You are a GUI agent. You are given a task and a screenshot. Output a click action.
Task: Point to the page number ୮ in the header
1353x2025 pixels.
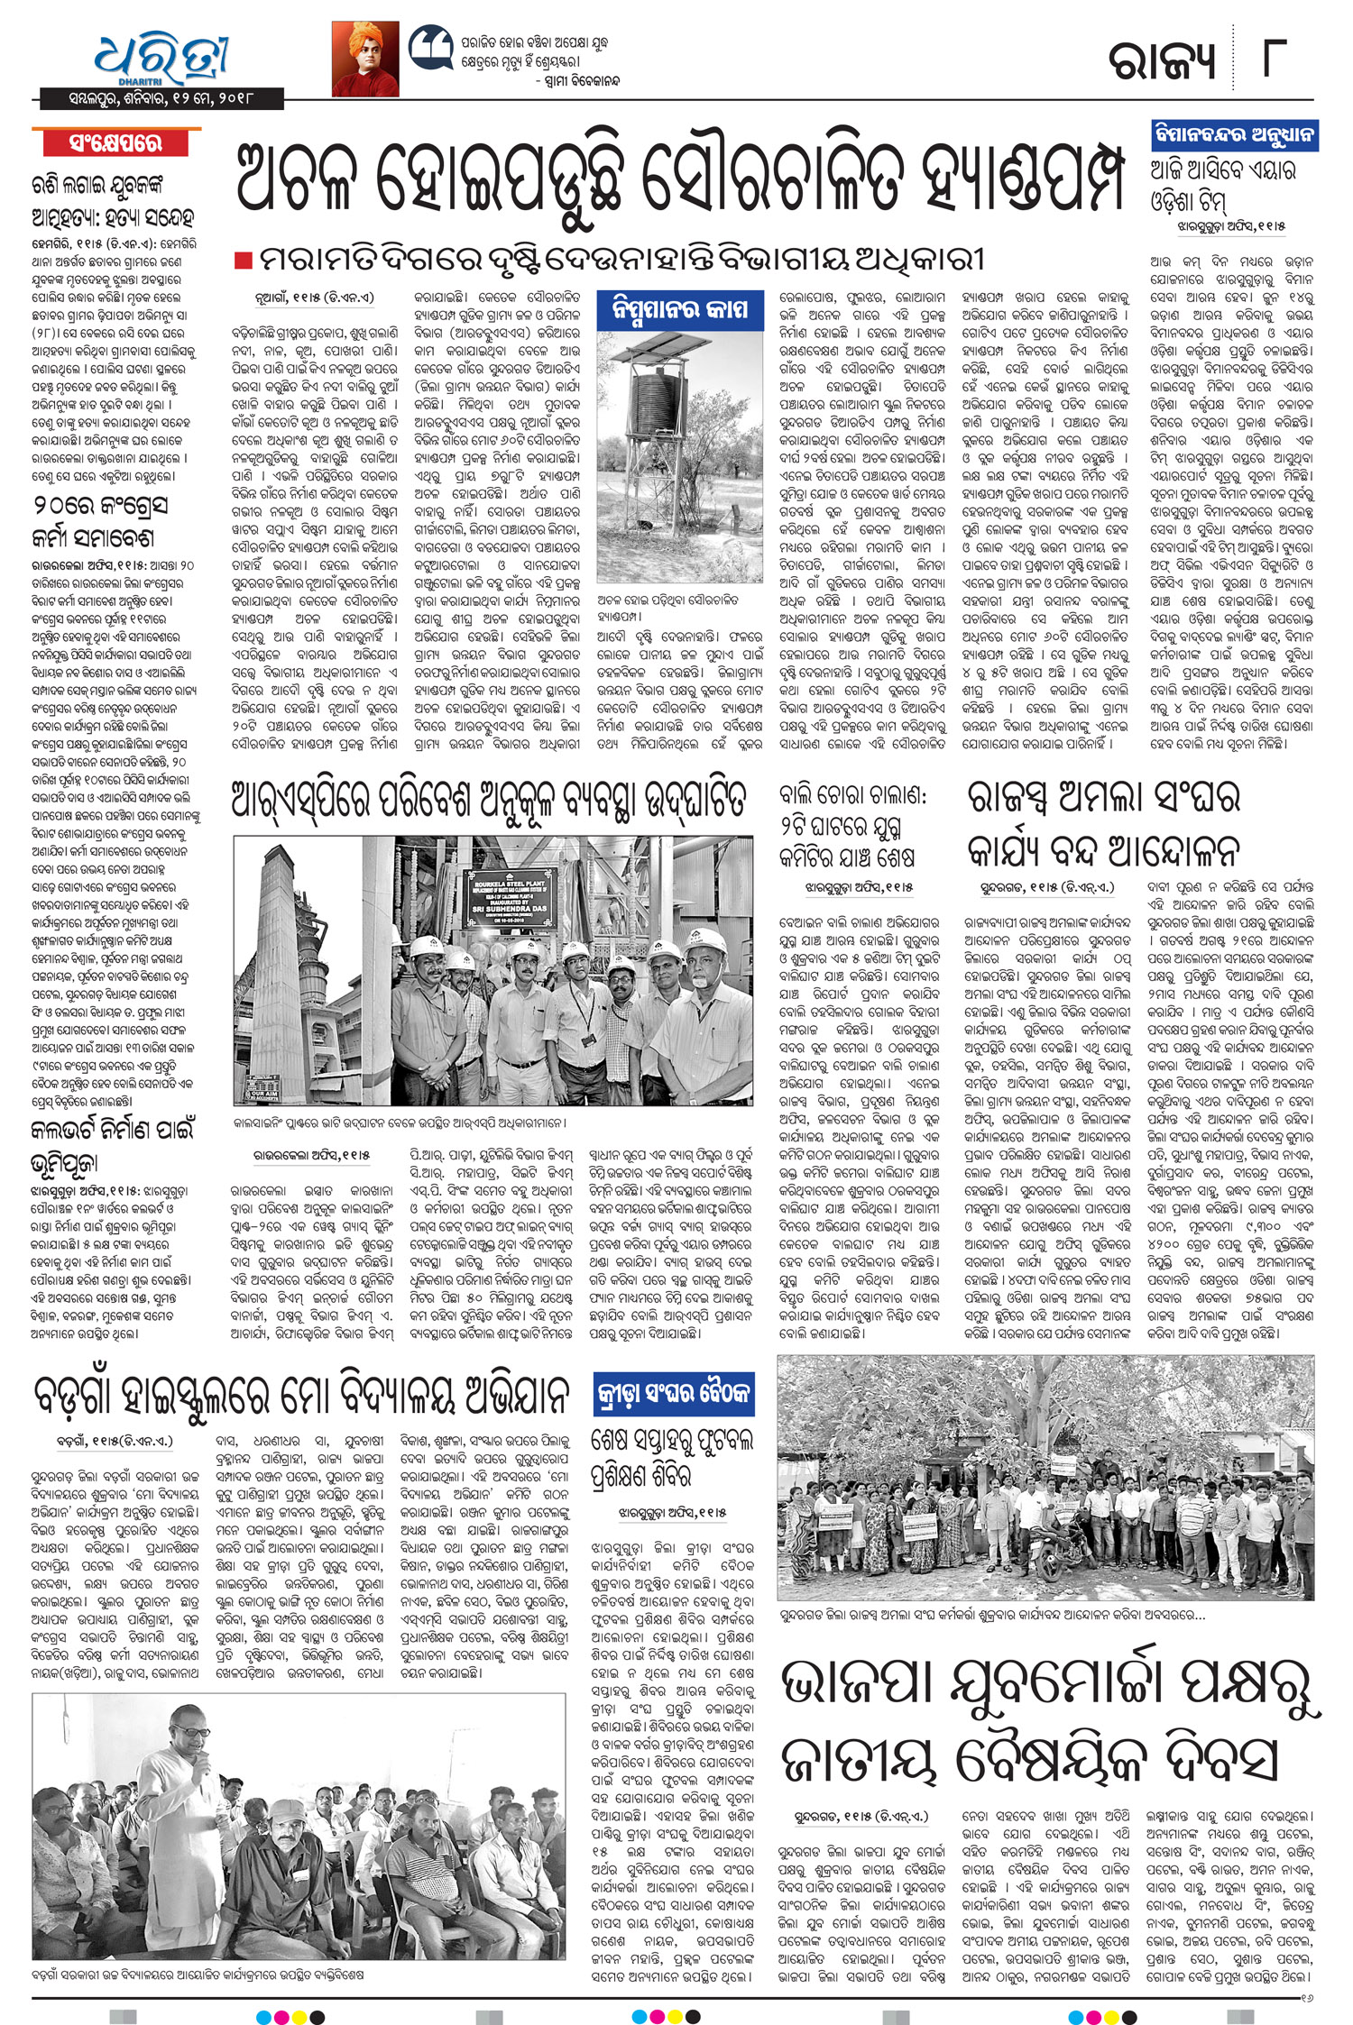tap(1281, 60)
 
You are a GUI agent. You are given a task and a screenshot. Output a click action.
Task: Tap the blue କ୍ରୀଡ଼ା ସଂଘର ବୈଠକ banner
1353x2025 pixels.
tap(673, 1395)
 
